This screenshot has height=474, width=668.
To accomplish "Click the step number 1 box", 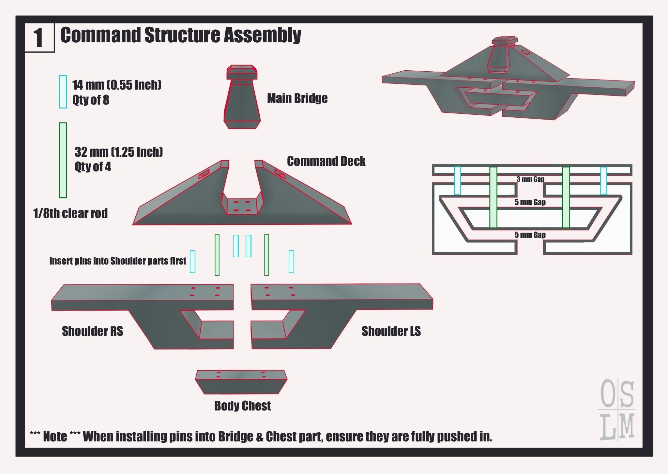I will pos(39,37).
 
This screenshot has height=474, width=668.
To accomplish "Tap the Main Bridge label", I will pos(297,98).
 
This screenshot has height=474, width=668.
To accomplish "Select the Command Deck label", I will pos(326,161).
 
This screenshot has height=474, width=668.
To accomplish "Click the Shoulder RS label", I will pos(92,331).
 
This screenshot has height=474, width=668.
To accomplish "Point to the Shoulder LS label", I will pos(391,331).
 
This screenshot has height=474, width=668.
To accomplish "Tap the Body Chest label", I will pos(242,406).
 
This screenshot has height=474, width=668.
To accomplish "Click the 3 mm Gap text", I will pos(530,179).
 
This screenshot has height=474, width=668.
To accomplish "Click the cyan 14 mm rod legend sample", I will pos(63,92).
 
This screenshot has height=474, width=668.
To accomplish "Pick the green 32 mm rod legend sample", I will pos(63,160).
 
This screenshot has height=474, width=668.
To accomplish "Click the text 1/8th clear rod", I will pos(70,213).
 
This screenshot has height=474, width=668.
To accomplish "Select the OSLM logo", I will pos(617,410).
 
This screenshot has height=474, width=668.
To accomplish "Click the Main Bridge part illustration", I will pos(242,98).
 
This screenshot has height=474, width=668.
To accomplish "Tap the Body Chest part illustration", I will pos(241,382).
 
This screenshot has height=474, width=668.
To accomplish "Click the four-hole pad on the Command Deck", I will pos(241,207).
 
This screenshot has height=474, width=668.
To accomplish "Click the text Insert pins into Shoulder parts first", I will pos(117,261).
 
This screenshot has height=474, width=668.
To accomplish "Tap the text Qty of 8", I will pos(91,100).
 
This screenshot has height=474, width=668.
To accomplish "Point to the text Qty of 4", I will pos(93,167).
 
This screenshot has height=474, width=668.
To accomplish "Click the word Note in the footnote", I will pos(55,437).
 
